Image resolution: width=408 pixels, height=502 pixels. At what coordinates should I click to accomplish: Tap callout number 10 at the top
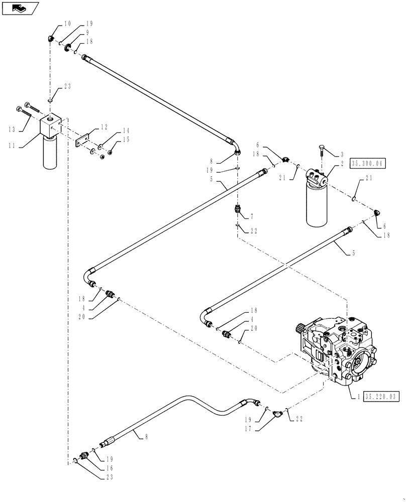coord(67,23)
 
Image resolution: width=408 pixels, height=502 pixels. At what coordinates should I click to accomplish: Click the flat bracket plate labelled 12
coord(82,141)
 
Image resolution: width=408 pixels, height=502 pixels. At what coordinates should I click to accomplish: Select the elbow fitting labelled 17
coord(276,414)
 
